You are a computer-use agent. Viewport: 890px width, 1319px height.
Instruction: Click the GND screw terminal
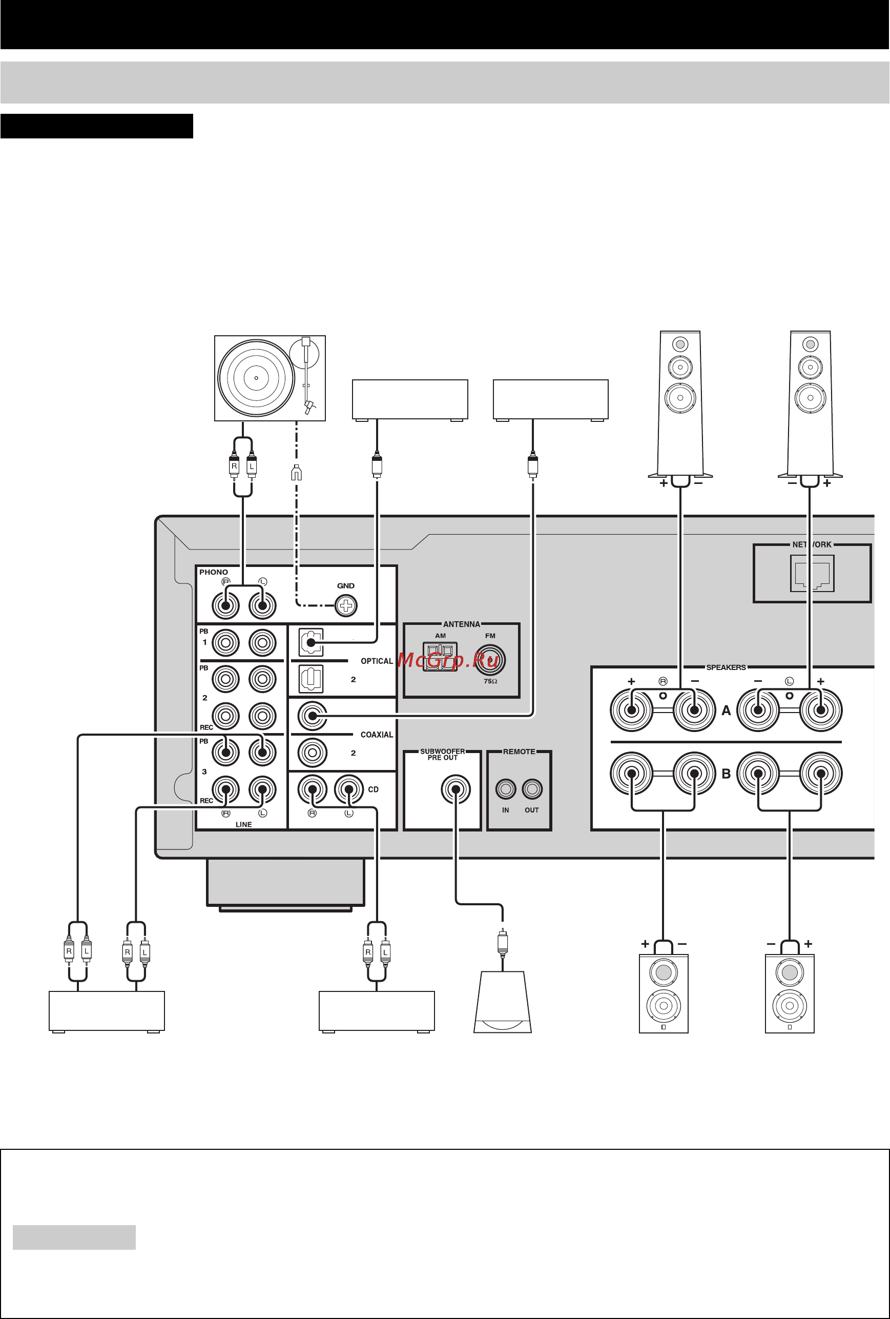click(x=346, y=605)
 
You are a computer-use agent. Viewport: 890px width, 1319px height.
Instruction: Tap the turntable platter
click(x=256, y=377)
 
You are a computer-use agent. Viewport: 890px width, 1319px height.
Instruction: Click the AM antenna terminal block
click(x=440, y=657)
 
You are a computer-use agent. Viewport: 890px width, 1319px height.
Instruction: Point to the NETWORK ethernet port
click(x=812, y=574)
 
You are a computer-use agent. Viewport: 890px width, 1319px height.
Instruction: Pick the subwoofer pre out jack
click(x=456, y=789)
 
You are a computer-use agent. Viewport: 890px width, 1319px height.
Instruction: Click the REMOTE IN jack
click(x=505, y=788)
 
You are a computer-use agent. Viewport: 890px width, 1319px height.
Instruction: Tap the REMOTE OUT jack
click(x=532, y=788)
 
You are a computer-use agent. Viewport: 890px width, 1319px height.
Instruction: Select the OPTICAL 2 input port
click(x=311, y=679)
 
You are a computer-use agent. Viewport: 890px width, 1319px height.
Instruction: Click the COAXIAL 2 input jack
click(x=312, y=753)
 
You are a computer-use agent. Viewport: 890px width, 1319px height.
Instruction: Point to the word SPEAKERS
click(x=726, y=667)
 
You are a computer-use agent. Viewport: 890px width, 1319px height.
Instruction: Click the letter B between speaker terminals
click(x=726, y=774)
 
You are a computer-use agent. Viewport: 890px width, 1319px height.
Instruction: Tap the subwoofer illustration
click(x=503, y=1002)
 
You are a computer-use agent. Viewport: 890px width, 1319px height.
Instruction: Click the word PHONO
click(x=213, y=572)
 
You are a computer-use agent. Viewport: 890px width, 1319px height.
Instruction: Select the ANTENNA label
click(x=462, y=624)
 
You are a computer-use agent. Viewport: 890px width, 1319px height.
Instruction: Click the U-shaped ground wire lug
click(x=296, y=473)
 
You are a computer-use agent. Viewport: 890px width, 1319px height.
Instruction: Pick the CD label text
click(x=373, y=789)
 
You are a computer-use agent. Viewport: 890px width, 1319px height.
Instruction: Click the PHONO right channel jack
click(x=226, y=605)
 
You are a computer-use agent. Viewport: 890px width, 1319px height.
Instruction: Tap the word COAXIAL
click(x=377, y=735)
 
